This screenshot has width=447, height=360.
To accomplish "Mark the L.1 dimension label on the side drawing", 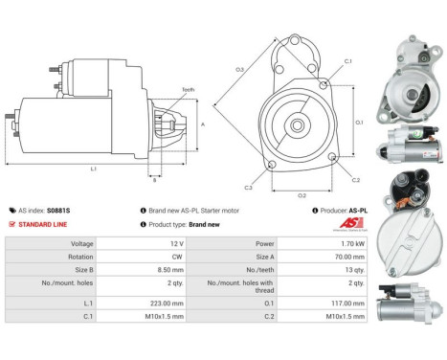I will (93, 169).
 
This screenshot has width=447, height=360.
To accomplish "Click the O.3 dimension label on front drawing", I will (239, 69).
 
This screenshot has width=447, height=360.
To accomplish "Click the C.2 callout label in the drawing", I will (355, 178).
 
